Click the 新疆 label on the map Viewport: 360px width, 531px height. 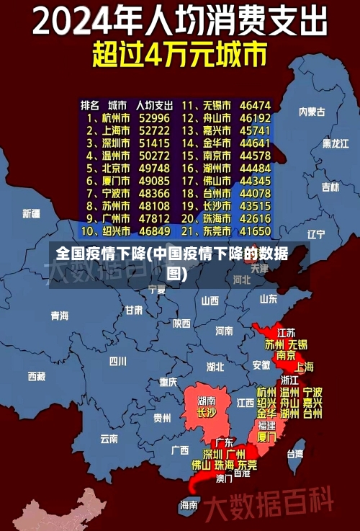tap(31, 213)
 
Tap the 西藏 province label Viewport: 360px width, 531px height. tap(37, 375)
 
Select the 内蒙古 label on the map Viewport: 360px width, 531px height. tap(312, 112)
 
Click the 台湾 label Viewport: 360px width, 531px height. tap(295, 454)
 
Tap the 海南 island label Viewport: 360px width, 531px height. tap(189, 505)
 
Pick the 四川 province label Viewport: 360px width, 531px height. tap(117, 360)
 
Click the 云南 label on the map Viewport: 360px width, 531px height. tap(109, 437)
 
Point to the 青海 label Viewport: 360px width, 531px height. tap(60, 316)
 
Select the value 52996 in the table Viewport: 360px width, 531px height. tap(154, 117)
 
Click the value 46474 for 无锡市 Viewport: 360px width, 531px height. tap(255, 105)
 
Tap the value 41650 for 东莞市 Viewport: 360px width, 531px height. tap(255, 231)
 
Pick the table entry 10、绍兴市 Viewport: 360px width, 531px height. tap(105, 231)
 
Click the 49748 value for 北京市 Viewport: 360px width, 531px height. tap(154, 168)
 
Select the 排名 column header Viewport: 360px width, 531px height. tap(90, 105)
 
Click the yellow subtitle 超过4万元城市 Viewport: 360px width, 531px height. tap(179, 54)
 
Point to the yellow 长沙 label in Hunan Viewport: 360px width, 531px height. tap(206, 413)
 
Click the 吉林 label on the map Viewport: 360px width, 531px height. tap(330, 187)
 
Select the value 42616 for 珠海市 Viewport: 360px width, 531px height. tap(255, 218)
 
